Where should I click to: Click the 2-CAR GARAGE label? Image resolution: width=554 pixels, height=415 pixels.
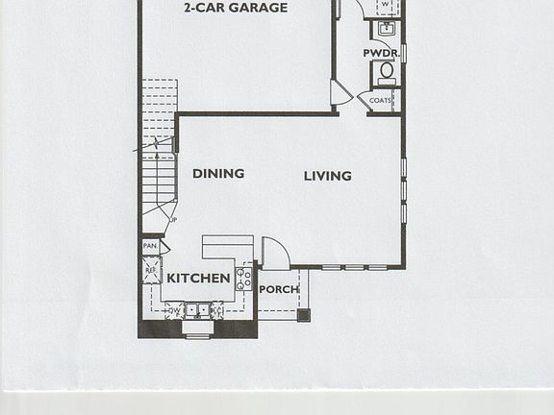[x=236, y=9]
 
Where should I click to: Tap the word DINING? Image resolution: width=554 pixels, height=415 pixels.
[x=218, y=174]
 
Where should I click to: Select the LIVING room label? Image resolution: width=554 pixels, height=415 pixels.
[x=327, y=176]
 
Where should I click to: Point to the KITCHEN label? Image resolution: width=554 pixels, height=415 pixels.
[x=198, y=279]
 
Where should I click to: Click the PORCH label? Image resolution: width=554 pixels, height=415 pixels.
[x=279, y=289]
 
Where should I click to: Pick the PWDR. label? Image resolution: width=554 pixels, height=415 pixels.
[x=381, y=53]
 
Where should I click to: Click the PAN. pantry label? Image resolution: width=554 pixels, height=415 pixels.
[x=150, y=246]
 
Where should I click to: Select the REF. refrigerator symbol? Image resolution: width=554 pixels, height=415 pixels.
[x=151, y=270]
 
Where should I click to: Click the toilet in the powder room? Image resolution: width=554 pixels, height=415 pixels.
[x=387, y=71]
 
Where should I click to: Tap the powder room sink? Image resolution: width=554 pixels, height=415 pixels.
[x=387, y=28]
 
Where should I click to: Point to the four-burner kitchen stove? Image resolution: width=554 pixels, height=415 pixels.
[x=244, y=279]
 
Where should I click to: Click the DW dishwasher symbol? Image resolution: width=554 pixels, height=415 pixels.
[x=174, y=310]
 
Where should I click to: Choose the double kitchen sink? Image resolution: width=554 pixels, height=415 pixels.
[x=198, y=310]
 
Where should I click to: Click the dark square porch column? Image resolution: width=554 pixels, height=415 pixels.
[x=304, y=314]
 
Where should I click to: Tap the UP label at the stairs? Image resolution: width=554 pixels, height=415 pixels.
[x=173, y=220]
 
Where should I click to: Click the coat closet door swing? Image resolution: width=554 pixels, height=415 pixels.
[x=340, y=93]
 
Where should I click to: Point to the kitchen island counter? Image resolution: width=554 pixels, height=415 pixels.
[x=227, y=247]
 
